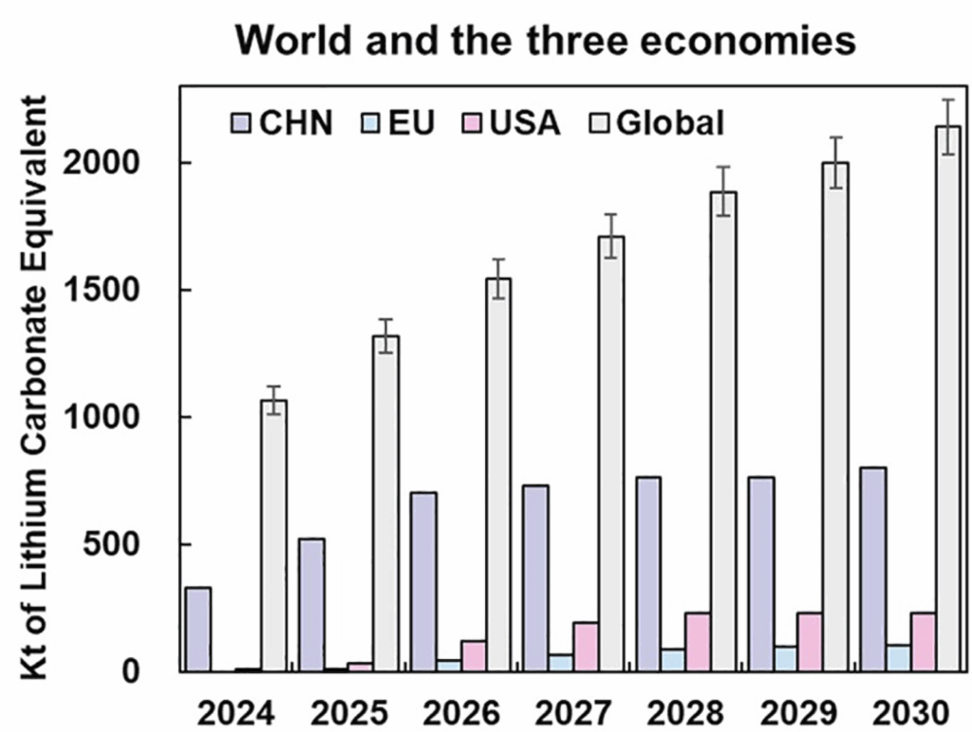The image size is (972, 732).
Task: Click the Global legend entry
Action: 655,123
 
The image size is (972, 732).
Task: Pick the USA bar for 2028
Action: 698,642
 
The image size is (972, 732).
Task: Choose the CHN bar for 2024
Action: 198,630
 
